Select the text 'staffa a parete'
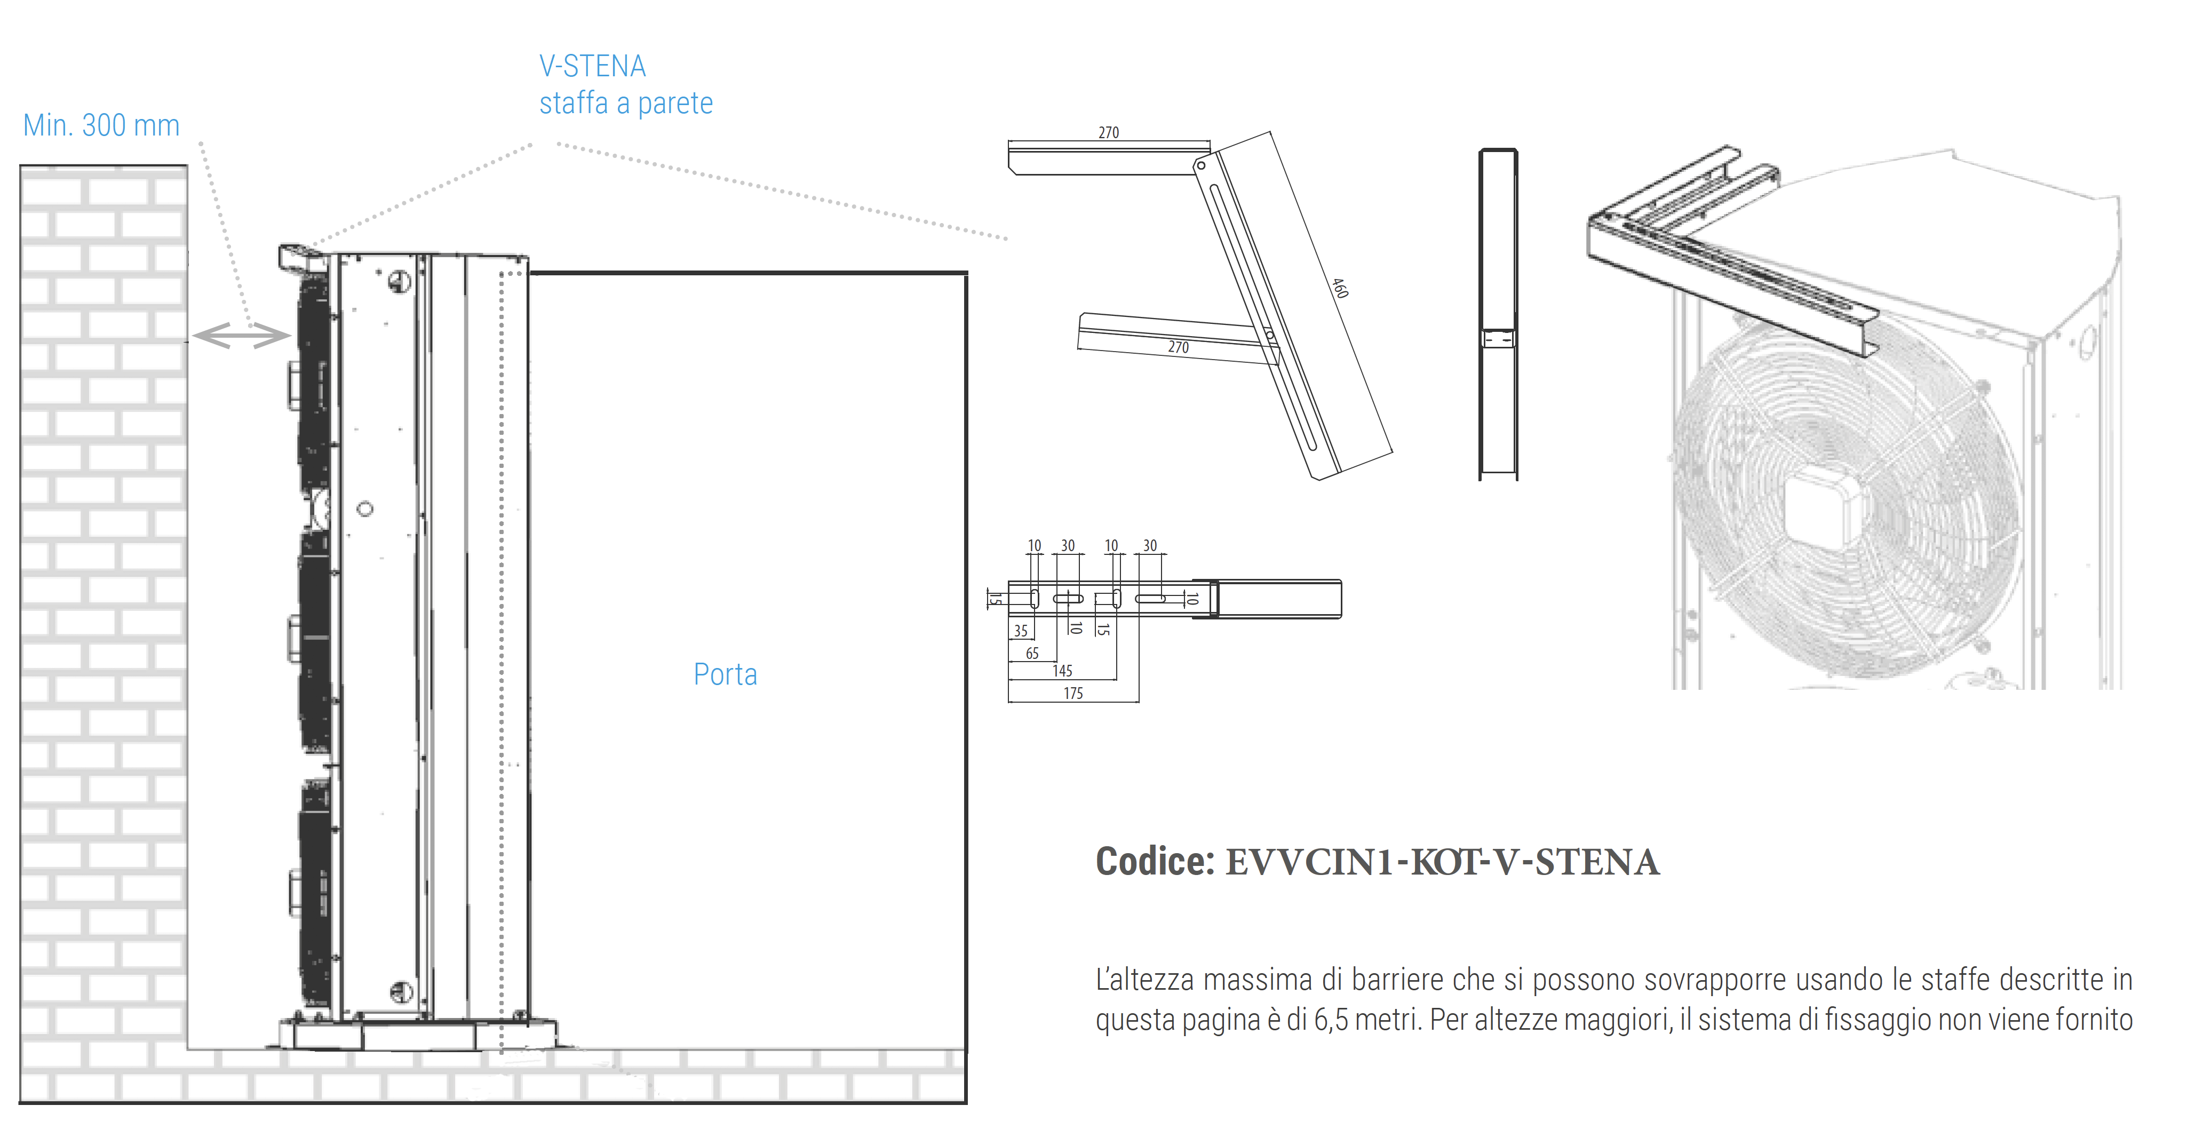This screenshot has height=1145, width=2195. coord(625,103)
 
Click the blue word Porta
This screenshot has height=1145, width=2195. coord(725,675)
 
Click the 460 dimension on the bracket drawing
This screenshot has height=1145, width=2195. coord(1340,288)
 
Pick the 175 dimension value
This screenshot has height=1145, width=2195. coord(1073,694)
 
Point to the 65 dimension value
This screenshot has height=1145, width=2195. coord(1032,654)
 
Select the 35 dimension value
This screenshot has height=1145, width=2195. coord(1021,631)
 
